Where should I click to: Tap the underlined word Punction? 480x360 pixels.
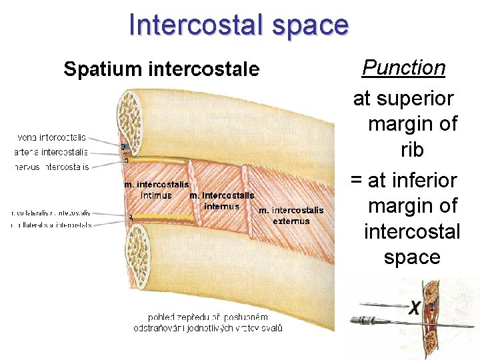click(403, 67)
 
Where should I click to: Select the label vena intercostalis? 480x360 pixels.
click(51, 137)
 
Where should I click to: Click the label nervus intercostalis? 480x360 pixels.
click(51, 167)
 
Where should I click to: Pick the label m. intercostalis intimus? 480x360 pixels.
click(156, 190)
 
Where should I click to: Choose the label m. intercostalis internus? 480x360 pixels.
click(221, 201)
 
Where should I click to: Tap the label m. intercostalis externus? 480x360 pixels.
click(291, 215)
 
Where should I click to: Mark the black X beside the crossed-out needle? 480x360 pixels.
click(415, 308)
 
